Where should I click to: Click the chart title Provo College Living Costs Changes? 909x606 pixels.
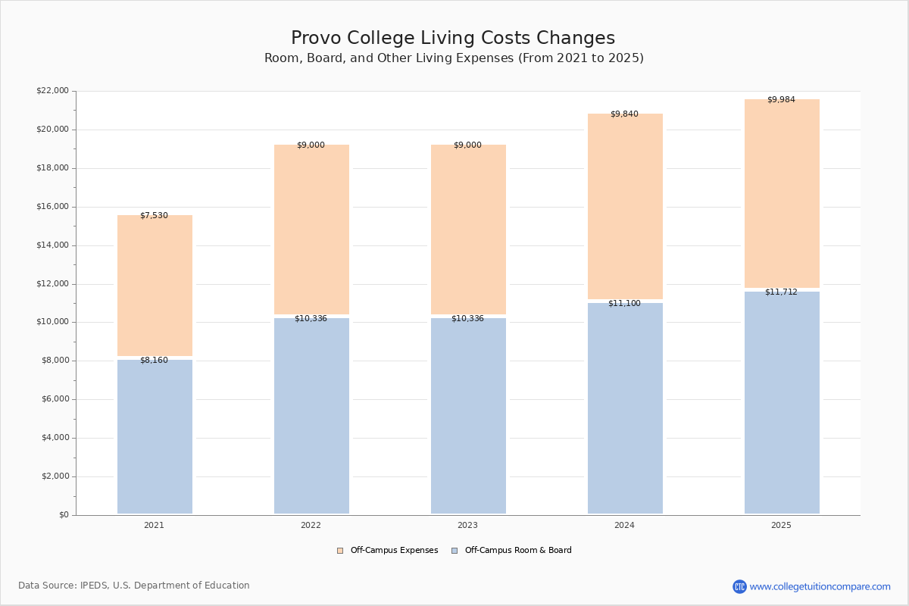pyautogui.click(x=453, y=39)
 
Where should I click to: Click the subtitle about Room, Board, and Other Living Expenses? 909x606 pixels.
pyautogui.click(x=454, y=58)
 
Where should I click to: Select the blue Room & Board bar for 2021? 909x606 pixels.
pyautogui.click(x=155, y=437)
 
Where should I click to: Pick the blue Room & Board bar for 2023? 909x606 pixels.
pyautogui.click(x=468, y=416)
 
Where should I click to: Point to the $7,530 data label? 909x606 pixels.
pyautogui.click(x=154, y=216)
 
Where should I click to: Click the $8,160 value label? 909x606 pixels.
pyautogui.click(x=154, y=361)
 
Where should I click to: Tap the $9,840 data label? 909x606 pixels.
pyautogui.click(x=624, y=114)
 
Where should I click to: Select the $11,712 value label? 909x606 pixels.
pyautogui.click(x=781, y=292)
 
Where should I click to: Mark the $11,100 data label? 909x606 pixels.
pyautogui.click(x=624, y=304)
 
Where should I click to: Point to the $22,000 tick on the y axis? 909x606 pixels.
pyautogui.click(x=52, y=91)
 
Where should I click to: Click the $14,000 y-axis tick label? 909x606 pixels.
pyautogui.click(x=52, y=245)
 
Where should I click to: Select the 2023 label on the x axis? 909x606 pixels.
pyautogui.click(x=467, y=526)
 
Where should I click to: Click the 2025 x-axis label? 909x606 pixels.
pyautogui.click(x=781, y=526)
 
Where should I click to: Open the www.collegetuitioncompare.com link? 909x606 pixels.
pyautogui.click(x=820, y=586)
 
